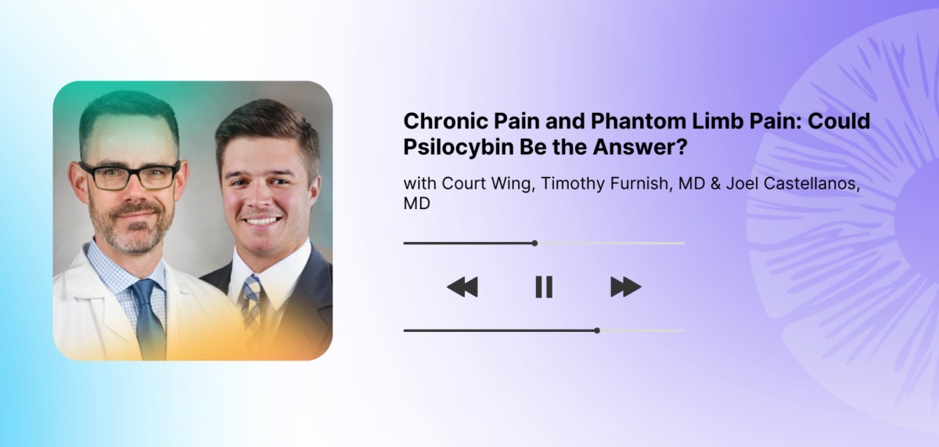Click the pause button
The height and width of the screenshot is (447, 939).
(x=544, y=287)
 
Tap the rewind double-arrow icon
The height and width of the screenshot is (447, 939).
(x=462, y=287)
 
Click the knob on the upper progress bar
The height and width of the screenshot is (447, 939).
(x=534, y=243)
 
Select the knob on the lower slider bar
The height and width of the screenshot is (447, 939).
(x=597, y=331)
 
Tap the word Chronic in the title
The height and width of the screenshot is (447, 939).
(x=446, y=121)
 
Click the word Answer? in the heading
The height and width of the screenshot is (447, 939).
(x=640, y=146)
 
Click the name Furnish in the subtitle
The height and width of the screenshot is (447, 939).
(x=641, y=184)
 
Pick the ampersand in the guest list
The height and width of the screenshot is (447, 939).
(x=716, y=184)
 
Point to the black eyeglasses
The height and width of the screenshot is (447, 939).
(x=131, y=175)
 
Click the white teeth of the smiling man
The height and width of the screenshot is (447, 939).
(x=261, y=221)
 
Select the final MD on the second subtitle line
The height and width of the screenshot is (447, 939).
(x=416, y=204)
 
